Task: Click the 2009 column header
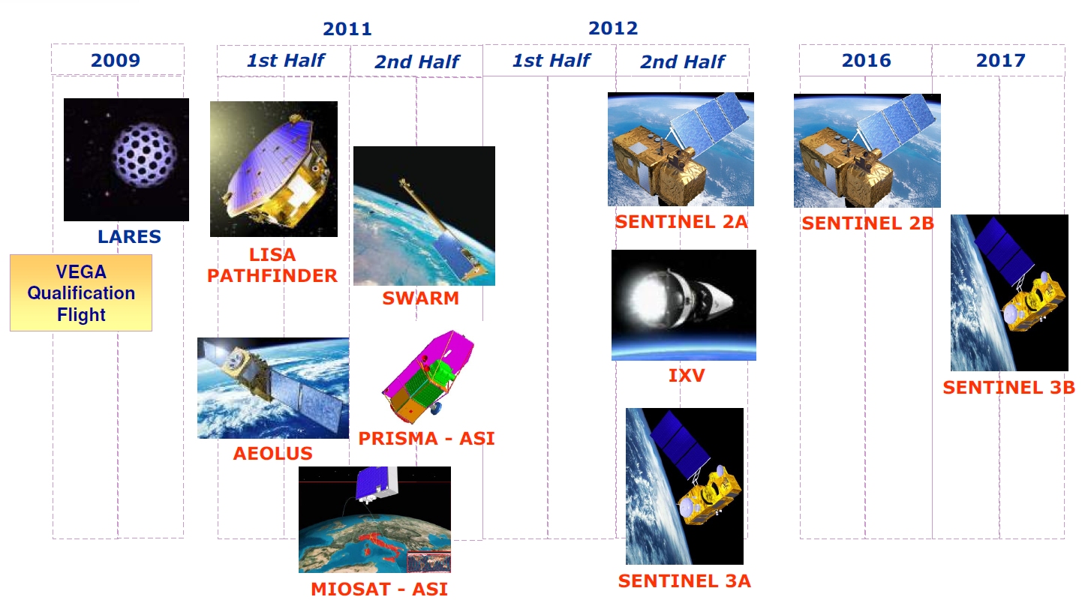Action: click(116, 60)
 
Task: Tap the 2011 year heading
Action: click(347, 28)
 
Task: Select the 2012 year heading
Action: click(613, 28)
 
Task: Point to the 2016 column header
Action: click(867, 60)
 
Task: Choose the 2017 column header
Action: click(1000, 60)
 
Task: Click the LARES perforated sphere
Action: click(144, 155)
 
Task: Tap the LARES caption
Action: click(129, 236)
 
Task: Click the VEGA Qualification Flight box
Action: click(81, 292)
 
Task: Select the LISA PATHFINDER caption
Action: click(272, 265)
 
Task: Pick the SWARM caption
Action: click(421, 298)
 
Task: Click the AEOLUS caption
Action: click(273, 454)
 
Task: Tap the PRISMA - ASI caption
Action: click(426, 439)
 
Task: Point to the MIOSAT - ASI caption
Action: click(380, 589)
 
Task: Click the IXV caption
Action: click(687, 375)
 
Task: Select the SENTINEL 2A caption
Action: click(681, 222)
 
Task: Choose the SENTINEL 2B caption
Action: click(868, 223)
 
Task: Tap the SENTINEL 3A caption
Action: click(684, 580)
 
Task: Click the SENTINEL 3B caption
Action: click(1008, 388)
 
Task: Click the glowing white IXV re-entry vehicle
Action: click(680, 298)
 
